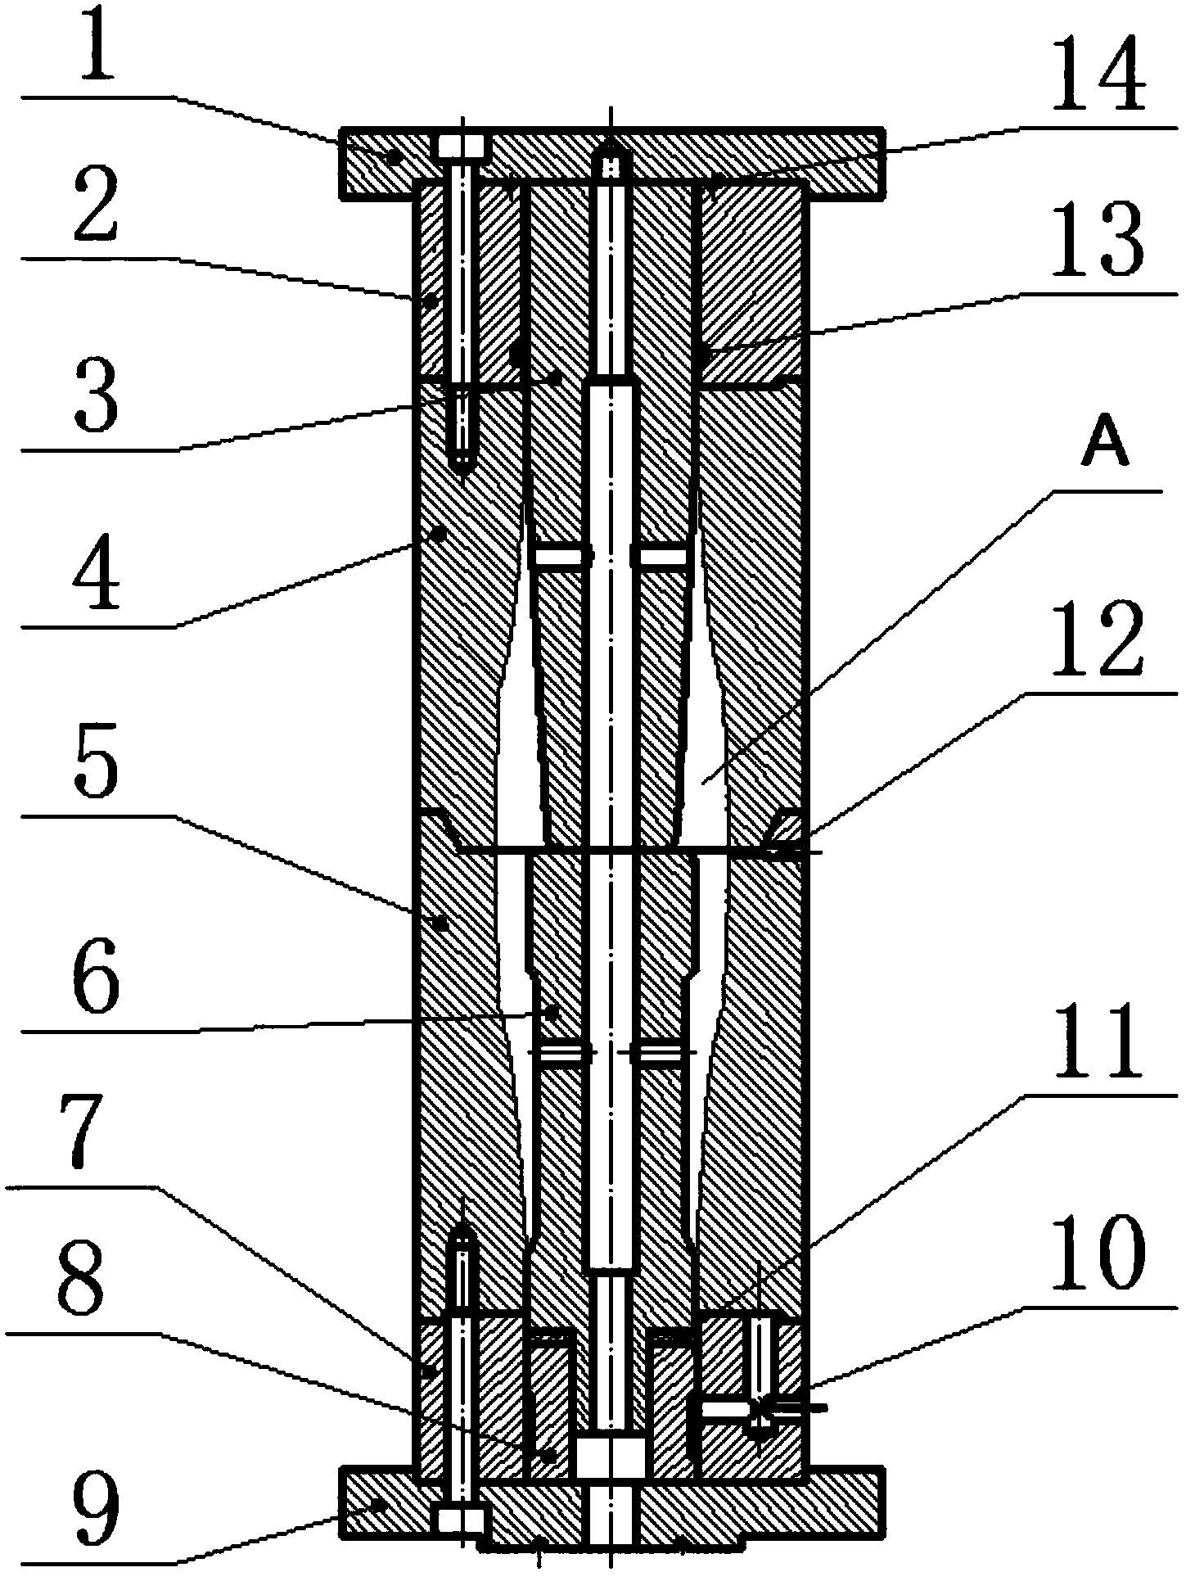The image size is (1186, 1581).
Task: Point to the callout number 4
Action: coord(97,577)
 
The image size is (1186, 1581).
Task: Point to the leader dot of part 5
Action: coord(440,923)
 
